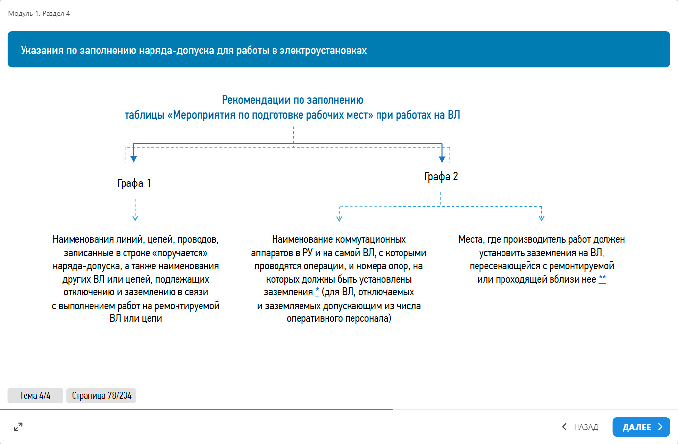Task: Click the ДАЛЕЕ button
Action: pyautogui.click(x=641, y=427)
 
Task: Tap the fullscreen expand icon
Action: pyautogui.click(x=18, y=427)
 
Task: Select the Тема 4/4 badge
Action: pyautogui.click(x=35, y=395)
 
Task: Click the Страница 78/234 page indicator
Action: pyautogui.click(x=101, y=395)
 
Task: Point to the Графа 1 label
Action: pyautogui.click(x=133, y=183)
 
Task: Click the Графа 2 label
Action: pyautogui.click(x=441, y=177)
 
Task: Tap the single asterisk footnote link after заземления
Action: pyautogui.click(x=317, y=292)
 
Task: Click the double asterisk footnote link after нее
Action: pyautogui.click(x=603, y=279)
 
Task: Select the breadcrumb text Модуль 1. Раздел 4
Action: pyautogui.click(x=39, y=13)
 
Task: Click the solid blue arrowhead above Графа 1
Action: pyautogui.click(x=134, y=158)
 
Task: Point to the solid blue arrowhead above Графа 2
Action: pyautogui.click(x=442, y=158)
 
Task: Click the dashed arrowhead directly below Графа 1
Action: pyautogui.click(x=135, y=217)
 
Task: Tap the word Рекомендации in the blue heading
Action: pyautogui.click(x=256, y=100)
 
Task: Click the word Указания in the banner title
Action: pyautogui.click(x=42, y=50)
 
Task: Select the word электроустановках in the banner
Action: pyautogui.click(x=323, y=50)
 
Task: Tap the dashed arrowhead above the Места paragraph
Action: pyautogui.click(x=541, y=217)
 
